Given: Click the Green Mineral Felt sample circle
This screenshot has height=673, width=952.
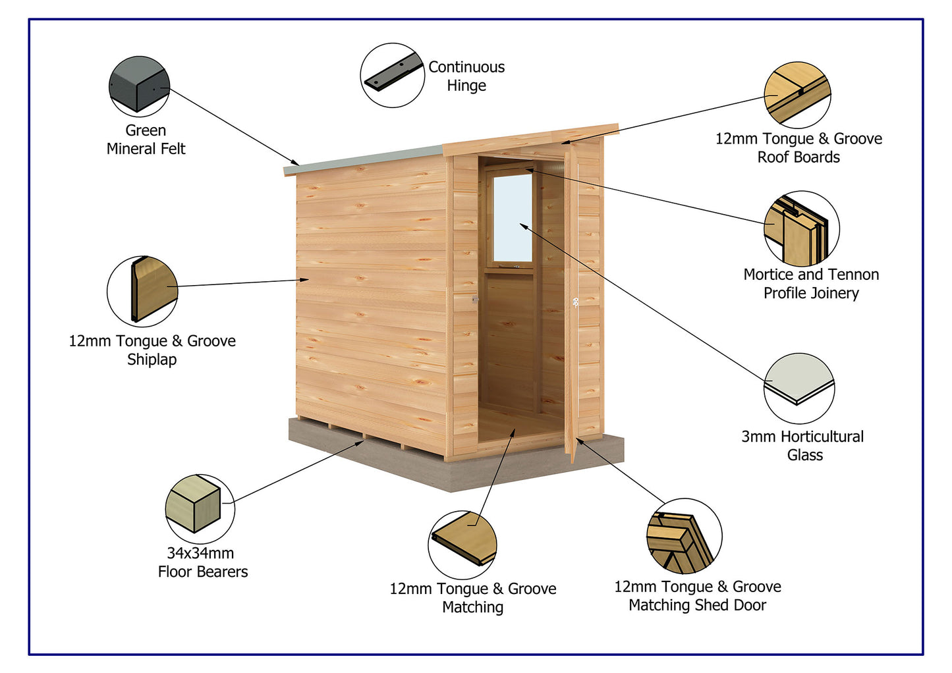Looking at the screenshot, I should [x=139, y=86].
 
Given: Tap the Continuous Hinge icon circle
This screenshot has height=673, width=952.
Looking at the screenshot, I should [x=392, y=75].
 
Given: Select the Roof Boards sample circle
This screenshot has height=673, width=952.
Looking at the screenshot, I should [x=797, y=95].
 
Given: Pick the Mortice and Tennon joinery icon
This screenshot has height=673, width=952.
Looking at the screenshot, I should [x=802, y=229].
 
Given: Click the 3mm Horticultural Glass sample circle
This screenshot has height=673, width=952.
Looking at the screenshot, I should [x=799, y=389].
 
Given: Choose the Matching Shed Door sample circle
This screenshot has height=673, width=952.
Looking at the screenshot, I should [x=684, y=536].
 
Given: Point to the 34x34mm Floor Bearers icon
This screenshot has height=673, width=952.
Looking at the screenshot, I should [x=200, y=506].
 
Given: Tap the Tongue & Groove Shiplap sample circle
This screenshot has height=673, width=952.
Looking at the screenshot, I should [x=142, y=291].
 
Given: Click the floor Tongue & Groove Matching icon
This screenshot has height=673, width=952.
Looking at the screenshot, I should [x=462, y=545].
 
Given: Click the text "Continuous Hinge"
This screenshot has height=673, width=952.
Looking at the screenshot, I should [x=466, y=76].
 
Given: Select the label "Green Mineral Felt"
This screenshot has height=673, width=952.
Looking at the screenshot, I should [x=146, y=140].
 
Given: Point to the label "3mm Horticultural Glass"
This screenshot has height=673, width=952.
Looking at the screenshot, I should [x=802, y=446].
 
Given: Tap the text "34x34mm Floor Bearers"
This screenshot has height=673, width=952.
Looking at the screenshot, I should [x=202, y=562].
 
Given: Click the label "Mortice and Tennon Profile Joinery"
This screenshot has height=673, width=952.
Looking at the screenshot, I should [x=811, y=284].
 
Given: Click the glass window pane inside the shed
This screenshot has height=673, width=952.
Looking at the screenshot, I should [x=513, y=217].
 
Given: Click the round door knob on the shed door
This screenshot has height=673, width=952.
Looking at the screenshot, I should [x=575, y=302].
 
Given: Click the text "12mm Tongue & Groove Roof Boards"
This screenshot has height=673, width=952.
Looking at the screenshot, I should [x=798, y=148].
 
